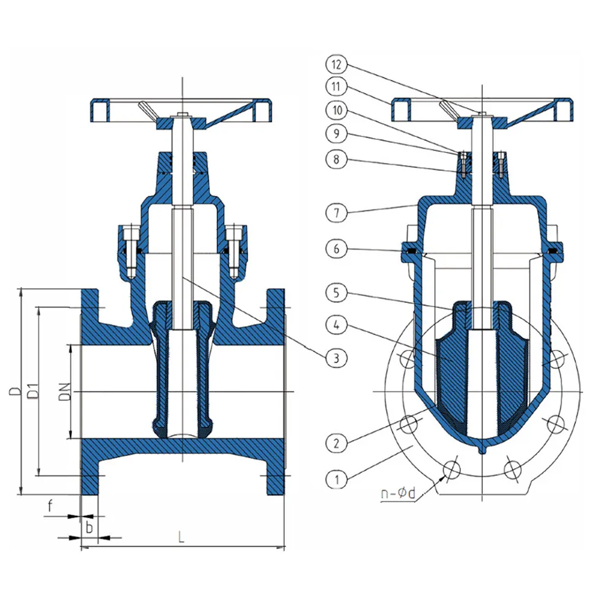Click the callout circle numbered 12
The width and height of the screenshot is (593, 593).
tap(336, 64)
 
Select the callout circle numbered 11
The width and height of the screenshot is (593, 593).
tap(336, 87)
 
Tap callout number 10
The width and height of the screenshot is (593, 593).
tap(336, 110)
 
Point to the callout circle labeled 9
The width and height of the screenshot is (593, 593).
tap(336, 133)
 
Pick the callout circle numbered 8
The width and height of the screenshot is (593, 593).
tap(336, 159)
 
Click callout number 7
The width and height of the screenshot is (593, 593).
tap(336, 213)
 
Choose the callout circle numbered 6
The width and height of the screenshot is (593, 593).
tap(336, 249)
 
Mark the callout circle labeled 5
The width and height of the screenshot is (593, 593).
tap(336, 293)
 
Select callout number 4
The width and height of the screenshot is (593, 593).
tap(336, 325)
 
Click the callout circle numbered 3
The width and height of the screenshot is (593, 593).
tap(336, 358)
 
